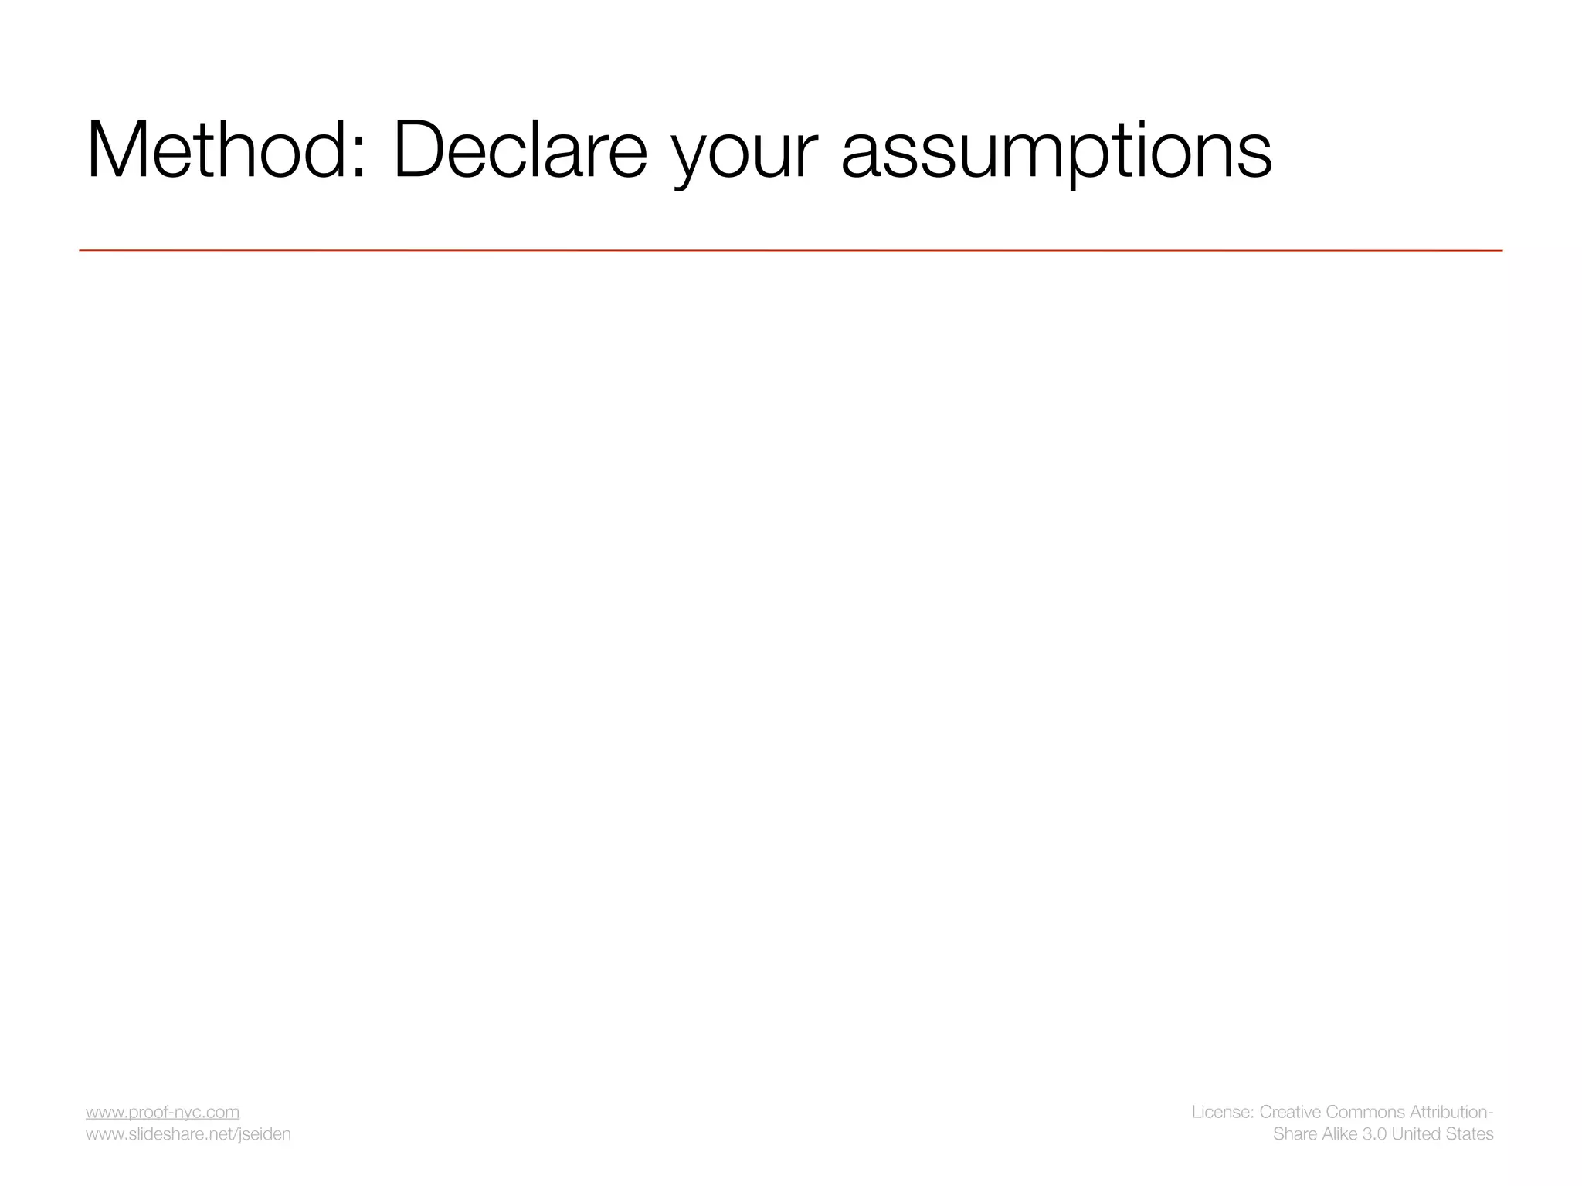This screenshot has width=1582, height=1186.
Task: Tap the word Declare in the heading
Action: point(519,151)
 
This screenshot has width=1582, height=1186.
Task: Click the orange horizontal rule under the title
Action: point(790,250)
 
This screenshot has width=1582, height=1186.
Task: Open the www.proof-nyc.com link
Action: point(162,1112)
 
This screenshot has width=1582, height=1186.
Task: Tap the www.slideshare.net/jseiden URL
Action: point(188,1134)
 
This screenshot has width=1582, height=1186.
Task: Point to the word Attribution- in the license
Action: point(1451,1112)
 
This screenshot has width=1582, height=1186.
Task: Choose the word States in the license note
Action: point(1470,1134)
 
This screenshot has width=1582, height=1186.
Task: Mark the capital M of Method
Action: point(110,151)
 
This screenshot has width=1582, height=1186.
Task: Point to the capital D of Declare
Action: point(417,151)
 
